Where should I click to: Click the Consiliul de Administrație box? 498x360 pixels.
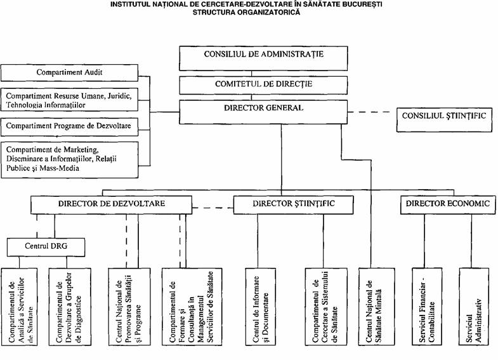coord(263,58)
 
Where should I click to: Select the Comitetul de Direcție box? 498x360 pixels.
coord(263,86)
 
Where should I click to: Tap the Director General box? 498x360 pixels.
coord(263,112)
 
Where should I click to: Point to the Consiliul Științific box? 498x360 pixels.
coord(444,120)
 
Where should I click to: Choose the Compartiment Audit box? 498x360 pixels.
coord(70,73)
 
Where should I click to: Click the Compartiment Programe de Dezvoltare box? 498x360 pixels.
coord(70,127)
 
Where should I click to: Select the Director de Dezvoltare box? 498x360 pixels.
coord(112,205)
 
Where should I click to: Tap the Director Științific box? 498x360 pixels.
coord(294,205)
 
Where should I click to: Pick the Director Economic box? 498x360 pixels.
coord(448,205)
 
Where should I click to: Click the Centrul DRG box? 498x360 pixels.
coord(46,248)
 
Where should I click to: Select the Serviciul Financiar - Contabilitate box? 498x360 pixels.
coord(427,307)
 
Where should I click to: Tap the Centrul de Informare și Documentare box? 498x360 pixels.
coord(261,307)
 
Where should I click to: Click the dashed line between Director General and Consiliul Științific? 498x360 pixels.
coord(369,112)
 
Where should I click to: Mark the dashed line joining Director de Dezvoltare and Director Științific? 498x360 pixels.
coord(213,208)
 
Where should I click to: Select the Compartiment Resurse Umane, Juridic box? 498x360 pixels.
coord(70,100)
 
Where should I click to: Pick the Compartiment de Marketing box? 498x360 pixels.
coord(70,160)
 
